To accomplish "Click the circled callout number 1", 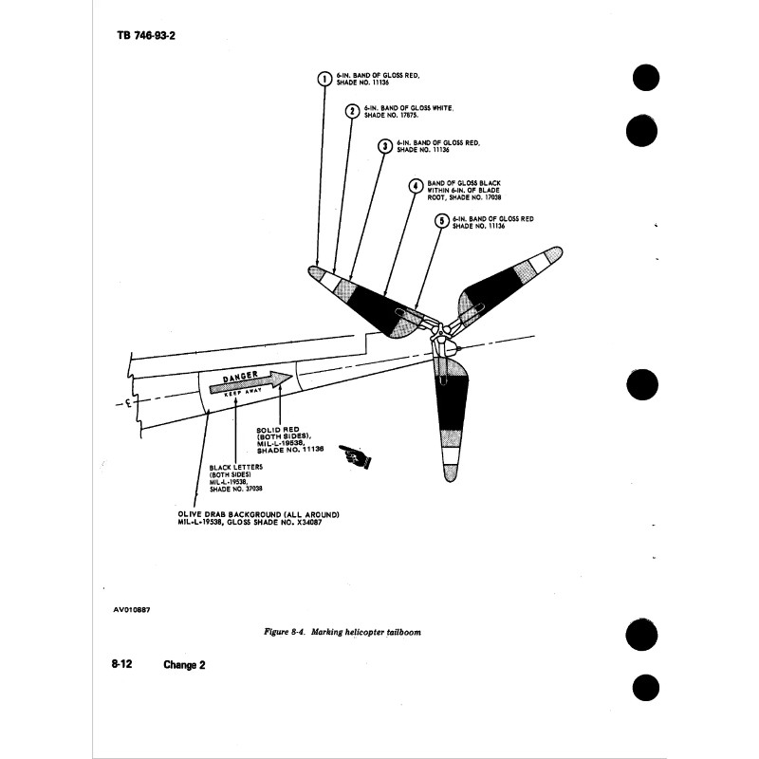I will (x=324, y=79).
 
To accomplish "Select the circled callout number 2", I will (x=352, y=111).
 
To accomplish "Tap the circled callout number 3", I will (x=384, y=145).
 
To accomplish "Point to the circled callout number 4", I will (x=415, y=186).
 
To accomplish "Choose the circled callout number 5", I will (x=441, y=221).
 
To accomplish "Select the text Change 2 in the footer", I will (x=183, y=665).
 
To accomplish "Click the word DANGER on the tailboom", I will (x=239, y=379).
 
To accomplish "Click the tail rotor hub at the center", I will (x=440, y=334).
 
